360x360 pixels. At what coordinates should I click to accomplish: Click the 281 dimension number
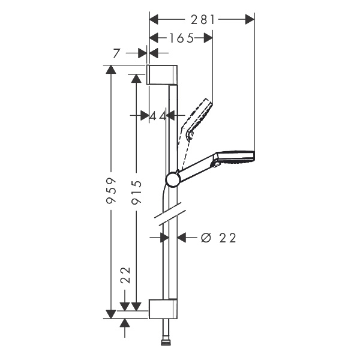point(202,19)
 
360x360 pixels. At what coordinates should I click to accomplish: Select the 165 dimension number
point(181,38)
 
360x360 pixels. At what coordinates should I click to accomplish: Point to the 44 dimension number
point(157,115)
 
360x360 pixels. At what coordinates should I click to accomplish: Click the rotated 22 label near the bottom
point(125,275)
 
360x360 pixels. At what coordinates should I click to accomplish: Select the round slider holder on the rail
point(173,179)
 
